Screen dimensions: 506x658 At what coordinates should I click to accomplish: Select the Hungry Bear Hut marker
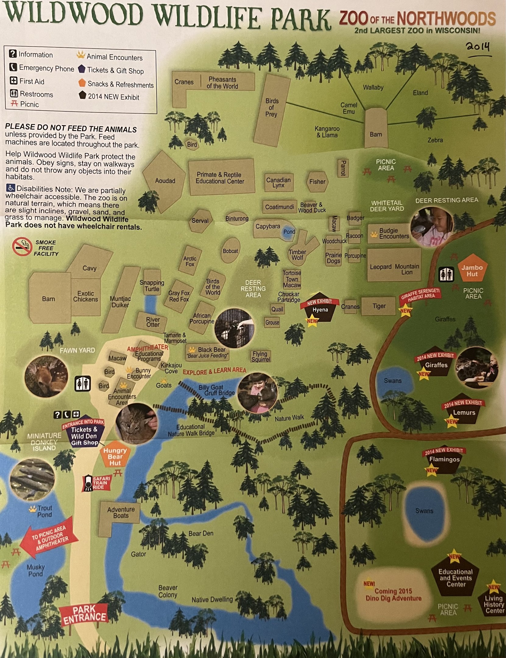115,456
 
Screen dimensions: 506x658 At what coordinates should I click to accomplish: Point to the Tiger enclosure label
379,306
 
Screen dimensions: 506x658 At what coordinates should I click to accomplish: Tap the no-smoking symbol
22,247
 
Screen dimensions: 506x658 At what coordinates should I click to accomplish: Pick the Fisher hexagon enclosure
317,182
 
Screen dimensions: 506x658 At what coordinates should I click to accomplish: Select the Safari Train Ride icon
88,483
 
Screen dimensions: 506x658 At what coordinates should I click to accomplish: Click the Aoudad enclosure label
165,181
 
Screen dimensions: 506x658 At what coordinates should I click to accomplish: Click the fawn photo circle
46,377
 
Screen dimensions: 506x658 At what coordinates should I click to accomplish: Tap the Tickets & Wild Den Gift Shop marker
84,433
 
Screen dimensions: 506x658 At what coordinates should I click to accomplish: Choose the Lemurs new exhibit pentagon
464,413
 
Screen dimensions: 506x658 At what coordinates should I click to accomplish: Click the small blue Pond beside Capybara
289,232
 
